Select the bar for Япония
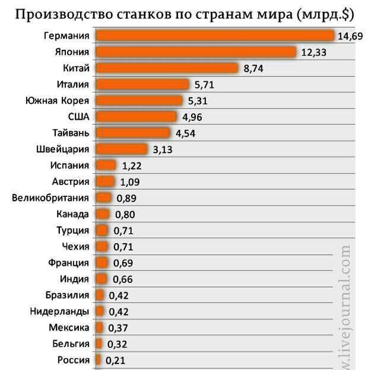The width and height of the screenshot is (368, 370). (x=196, y=52)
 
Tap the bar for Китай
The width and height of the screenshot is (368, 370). (x=167, y=68)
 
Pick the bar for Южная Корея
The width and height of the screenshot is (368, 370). (x=139, y=100)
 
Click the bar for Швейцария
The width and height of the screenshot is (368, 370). (x=121, y=149)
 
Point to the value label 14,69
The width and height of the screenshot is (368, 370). (x=349, y=37)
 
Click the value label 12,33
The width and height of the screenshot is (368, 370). (x=314, y=53)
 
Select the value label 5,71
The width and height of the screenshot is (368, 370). (x=204, y=85)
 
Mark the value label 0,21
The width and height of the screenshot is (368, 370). (x=115, y=360)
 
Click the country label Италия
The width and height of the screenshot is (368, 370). (x=72, y=84)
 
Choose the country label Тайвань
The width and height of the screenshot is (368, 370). (x=71, y=133)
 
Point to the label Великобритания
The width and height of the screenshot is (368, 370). (x=50, y=197)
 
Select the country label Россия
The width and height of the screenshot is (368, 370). (x=74, y=359)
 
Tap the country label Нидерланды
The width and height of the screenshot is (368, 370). (x=59, y=311)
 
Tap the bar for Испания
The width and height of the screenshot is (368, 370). (x=106, y=165)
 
